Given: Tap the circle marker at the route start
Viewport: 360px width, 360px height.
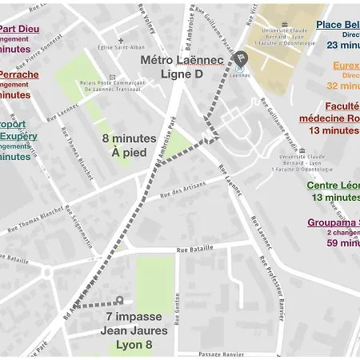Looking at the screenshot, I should tap(119, 301).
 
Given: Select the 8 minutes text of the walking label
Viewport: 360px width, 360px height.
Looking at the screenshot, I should tap(129, 138).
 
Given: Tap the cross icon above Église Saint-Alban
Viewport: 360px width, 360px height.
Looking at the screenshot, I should tap(121, 40).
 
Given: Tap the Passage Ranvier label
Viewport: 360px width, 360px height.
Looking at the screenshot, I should tap(220, 354).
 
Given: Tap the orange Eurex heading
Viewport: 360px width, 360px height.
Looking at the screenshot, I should tap(346, 66).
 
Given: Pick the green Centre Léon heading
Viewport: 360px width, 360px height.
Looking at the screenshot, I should tap(333, 186).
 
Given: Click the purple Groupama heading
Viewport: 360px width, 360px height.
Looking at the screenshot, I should tap(333, 222).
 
